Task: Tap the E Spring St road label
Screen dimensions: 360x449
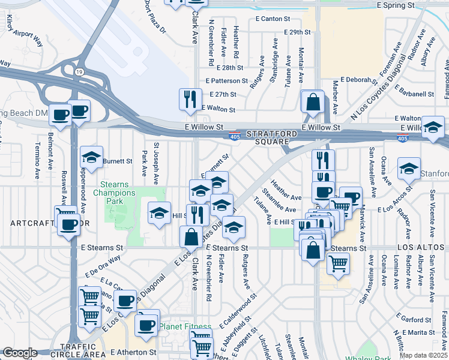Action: point(396,5)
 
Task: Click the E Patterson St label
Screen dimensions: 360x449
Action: point(226,80)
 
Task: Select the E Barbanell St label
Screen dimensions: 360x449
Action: point(415,94)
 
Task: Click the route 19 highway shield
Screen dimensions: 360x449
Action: point(79,72)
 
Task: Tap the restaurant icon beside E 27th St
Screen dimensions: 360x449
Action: point(190,99)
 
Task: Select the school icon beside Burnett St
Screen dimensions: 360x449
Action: point(91,157)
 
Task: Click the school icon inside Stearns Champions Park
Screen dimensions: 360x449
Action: point(160,214)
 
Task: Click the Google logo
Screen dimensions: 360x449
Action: point(20,353)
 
